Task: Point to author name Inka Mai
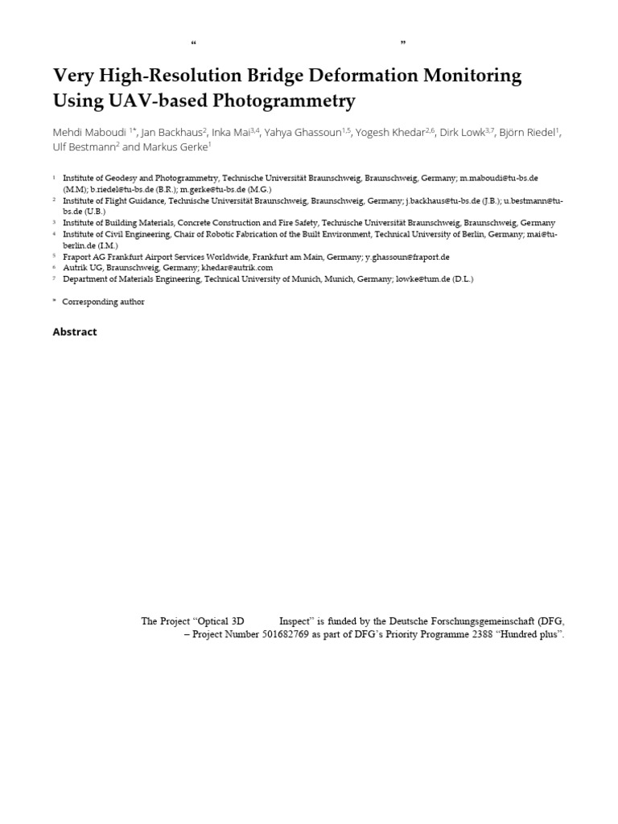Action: tap(231, 133)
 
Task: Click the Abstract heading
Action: tap(75, 332)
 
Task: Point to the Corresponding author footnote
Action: tap(104, 302)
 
